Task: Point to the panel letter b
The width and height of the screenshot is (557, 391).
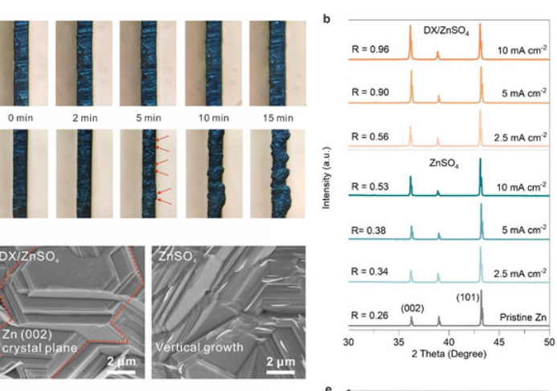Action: coord(326,16)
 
